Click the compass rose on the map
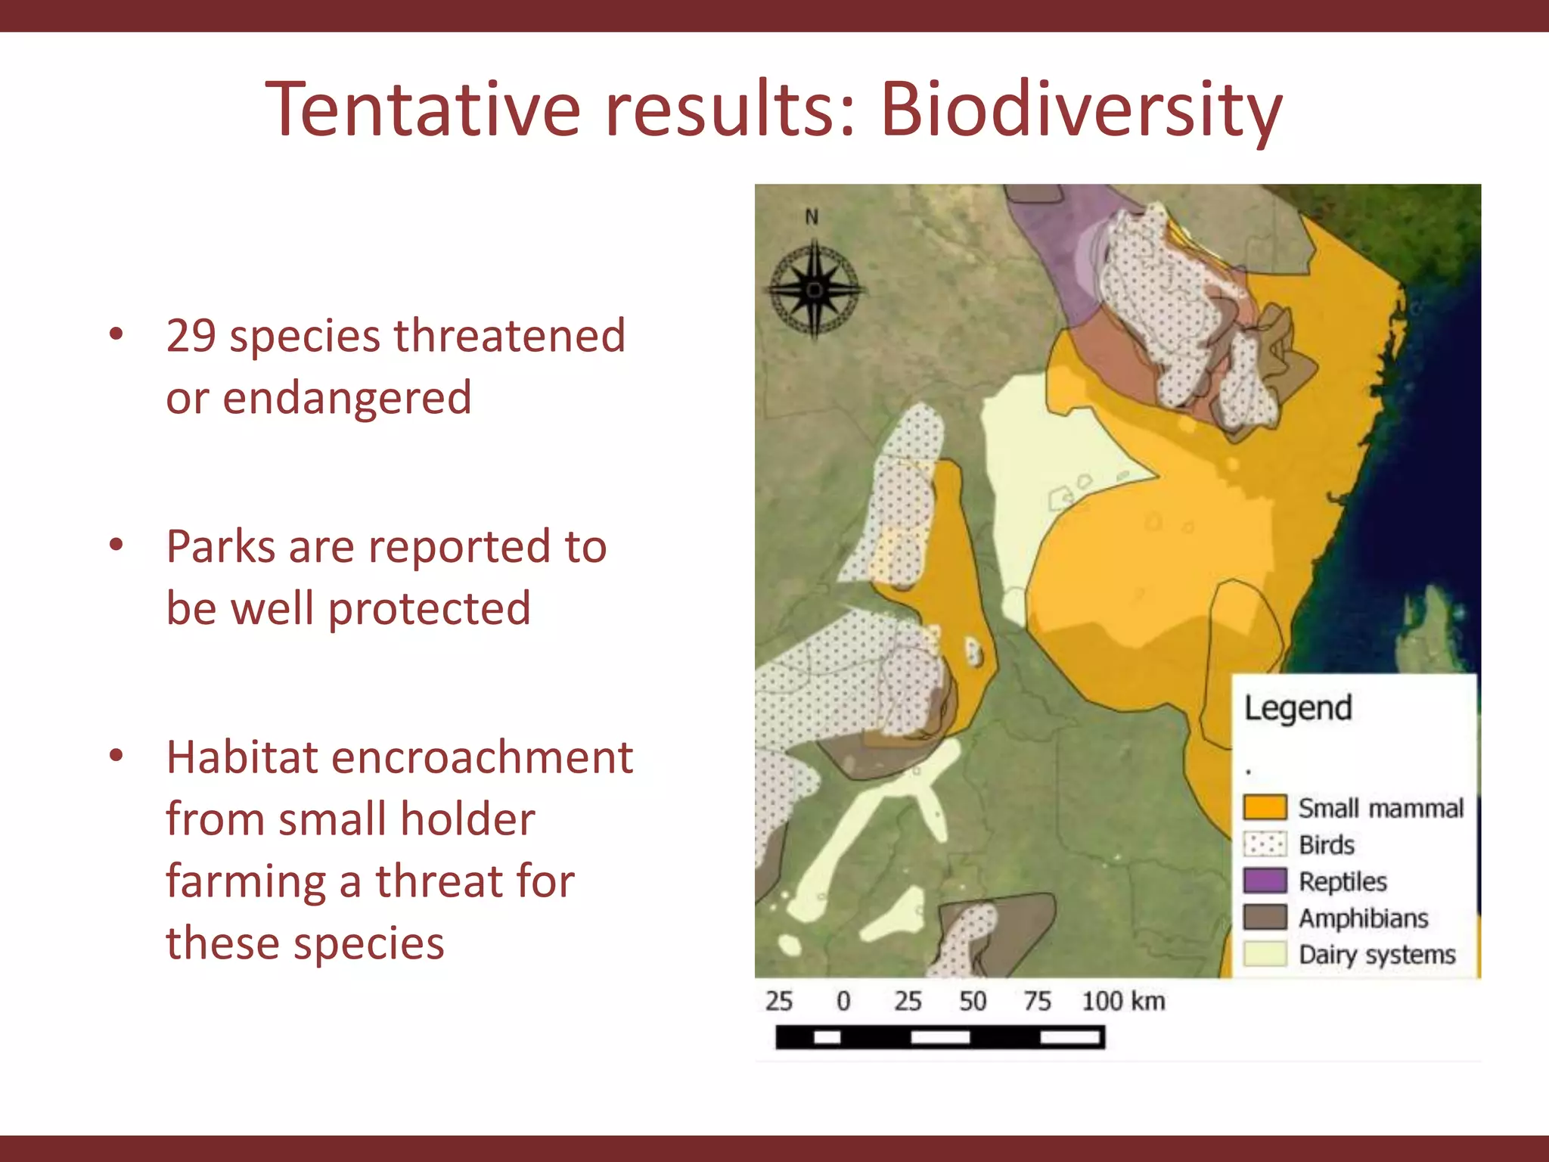click(x=815, y=290)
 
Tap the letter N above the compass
click(x=812, y=217)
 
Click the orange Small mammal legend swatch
click(x=1265, y=807)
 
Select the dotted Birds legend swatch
click(x=1265, y=844)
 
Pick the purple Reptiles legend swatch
click(x=1265, y=881)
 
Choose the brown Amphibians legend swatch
click(x=1265, y=917)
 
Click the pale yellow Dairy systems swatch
click(x=1265, y=953)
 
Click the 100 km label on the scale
click(x=1123, y=1001)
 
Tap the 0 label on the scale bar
click(x=843, y=1001)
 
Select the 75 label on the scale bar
click(x=1038, y=1001)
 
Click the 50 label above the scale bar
click(x=973, y=1001)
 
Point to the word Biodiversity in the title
click(x=1081, y=110)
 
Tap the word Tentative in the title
click(x=424, y=110)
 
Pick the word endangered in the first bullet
click(x=347, y=399)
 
